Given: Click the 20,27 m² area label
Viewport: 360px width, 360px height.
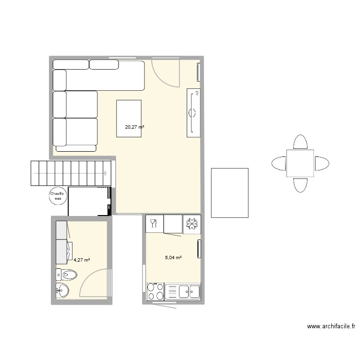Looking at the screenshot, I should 134,127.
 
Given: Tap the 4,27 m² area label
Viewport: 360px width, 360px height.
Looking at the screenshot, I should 82,260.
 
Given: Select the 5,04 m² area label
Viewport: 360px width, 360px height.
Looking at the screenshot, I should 173,258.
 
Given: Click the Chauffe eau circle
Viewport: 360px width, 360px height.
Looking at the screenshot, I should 58,196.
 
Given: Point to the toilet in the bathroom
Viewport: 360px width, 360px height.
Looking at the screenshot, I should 67,275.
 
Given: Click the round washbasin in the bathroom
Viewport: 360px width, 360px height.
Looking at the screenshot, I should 62,290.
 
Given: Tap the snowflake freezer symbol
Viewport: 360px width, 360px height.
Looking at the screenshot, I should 192,224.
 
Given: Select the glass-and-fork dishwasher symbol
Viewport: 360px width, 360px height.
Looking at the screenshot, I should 154,223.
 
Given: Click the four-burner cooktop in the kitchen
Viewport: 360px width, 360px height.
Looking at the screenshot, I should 155,291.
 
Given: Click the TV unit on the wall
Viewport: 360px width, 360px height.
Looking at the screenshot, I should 193,113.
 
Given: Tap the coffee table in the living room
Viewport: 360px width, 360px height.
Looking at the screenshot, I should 129,118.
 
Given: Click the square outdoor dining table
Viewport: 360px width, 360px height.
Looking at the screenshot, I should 300,163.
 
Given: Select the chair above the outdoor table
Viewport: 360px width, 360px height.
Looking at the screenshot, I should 300,142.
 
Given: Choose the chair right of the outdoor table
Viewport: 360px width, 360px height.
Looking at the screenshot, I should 322,163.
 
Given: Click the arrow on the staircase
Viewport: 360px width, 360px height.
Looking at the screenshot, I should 105,173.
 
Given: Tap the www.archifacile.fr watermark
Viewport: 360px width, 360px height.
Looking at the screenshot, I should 331,326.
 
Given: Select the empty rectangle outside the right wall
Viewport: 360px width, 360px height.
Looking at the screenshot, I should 229,192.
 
